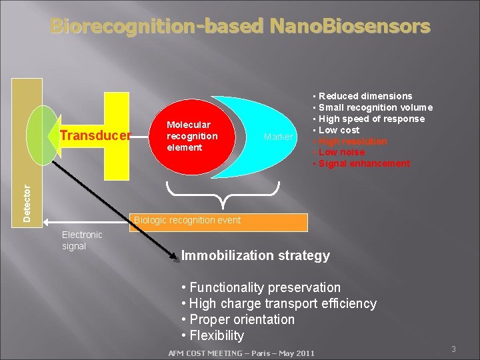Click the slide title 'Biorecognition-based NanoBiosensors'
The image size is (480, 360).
(240, 27)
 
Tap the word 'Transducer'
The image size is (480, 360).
(95, 136)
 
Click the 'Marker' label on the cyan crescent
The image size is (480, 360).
(278, 137)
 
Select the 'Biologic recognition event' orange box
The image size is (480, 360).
(220, 221)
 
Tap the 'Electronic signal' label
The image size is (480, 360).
(81, 240)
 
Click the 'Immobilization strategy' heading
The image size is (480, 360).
(255, 255)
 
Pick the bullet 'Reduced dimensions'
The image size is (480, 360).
(365, 96)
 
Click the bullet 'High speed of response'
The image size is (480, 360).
(371, 119)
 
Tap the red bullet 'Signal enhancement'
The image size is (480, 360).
(364, 164)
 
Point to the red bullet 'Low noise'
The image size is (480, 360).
(342, 153)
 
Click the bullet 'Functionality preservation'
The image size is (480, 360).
(265, 287)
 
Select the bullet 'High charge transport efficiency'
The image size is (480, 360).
(283, 303)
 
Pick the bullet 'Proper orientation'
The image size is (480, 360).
(242, 319)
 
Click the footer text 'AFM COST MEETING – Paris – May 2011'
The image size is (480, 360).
(241, 353)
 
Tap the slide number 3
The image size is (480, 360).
(453, 349)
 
